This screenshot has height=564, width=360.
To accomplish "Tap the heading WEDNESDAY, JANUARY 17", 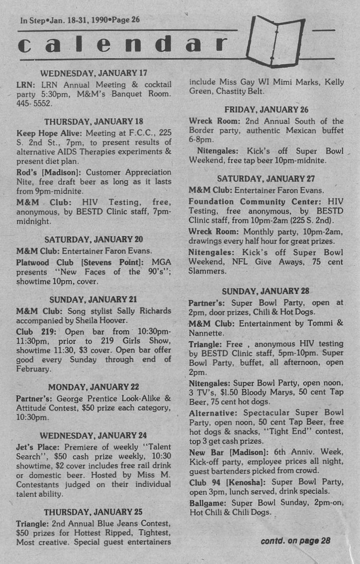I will click(x=93, y=73).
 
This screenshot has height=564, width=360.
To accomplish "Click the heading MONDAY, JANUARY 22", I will click(x=93, y=387).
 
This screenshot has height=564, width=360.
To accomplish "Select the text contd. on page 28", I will click(x=295, y=541).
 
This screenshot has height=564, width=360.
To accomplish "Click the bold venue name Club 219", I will click(x=32, y=331).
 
